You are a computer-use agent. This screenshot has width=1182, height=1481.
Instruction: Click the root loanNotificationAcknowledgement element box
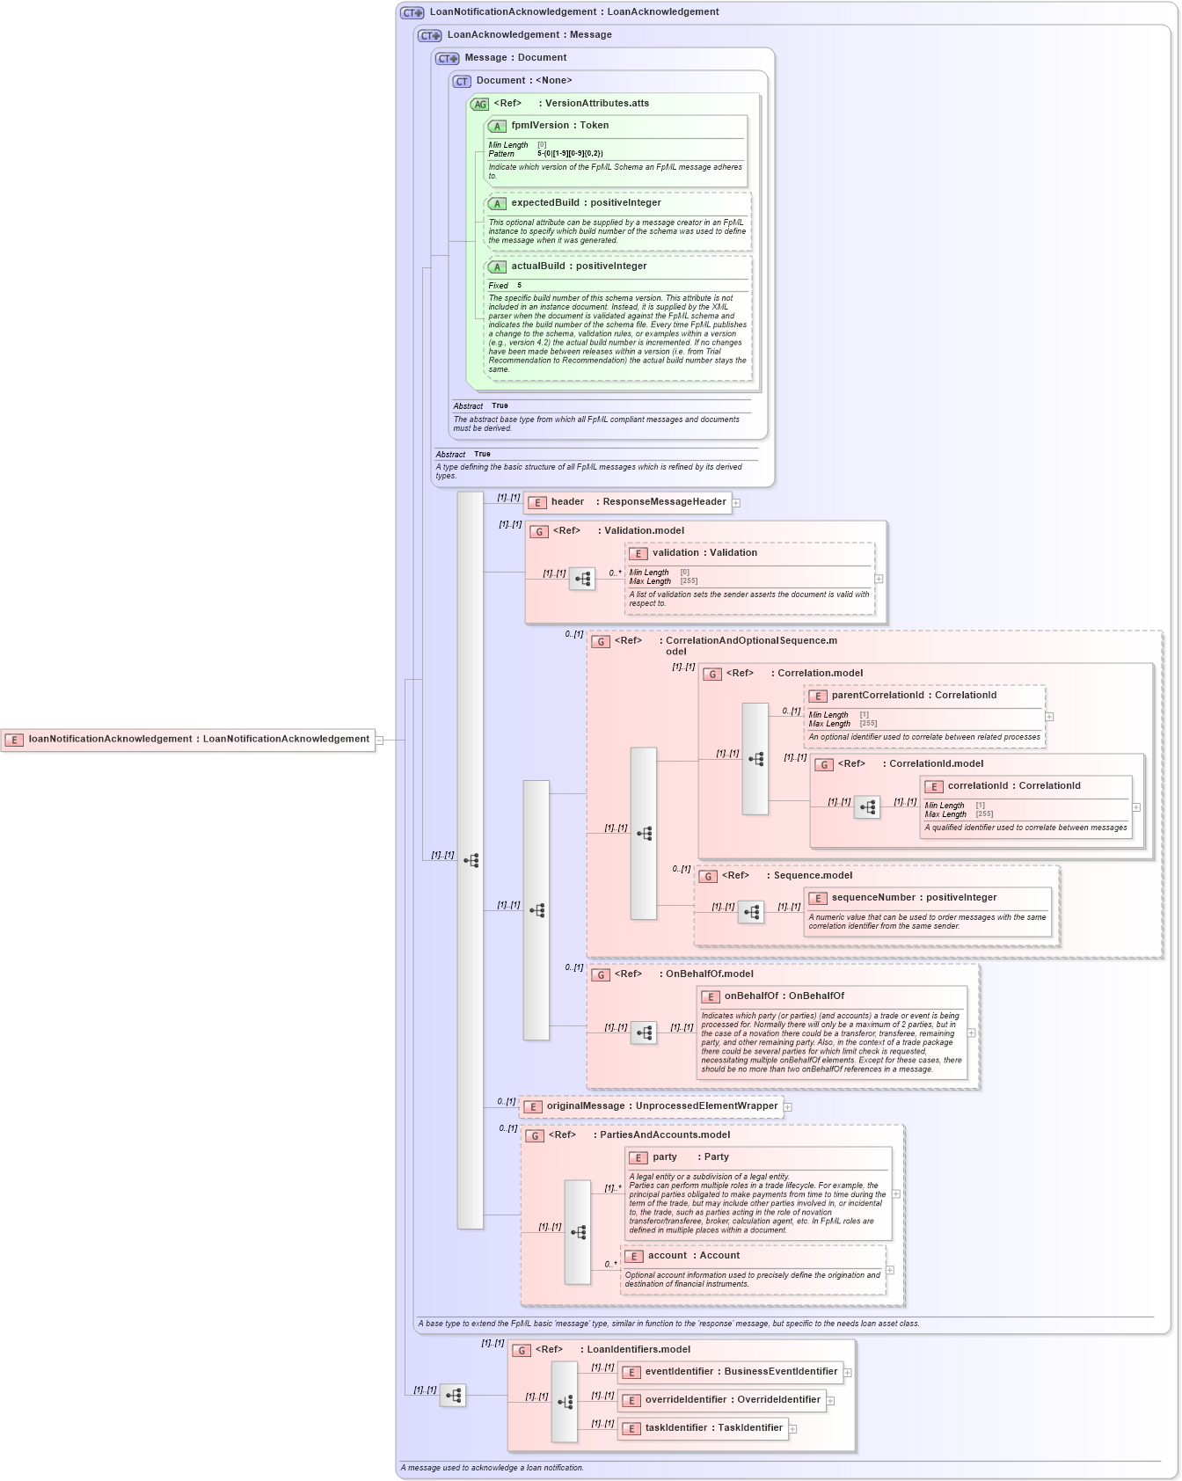coord(188,740)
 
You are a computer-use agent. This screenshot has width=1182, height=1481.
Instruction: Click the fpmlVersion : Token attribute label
coord(559,126)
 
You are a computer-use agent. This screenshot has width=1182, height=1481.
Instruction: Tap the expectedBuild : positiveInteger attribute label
coord(586,203)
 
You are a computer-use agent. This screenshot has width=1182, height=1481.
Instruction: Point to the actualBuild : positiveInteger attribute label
coord(579,266)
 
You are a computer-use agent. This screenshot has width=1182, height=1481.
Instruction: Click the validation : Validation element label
coord(704,553)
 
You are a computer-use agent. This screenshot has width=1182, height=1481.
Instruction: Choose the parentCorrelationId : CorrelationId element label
coord(913,696)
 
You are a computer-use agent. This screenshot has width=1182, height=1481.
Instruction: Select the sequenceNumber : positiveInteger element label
coord(913,898)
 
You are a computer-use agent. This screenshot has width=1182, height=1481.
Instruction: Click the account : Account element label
coord(693,1256)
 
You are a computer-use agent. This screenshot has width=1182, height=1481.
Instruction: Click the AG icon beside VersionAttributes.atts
coord(479,104)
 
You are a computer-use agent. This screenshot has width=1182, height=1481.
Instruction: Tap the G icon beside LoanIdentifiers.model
coord(522,1350)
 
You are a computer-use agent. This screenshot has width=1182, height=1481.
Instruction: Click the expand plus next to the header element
coord(736,503)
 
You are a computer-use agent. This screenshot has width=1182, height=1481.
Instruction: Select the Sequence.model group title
coord(812,876)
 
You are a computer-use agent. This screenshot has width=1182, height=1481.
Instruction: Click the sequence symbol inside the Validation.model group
coord(582,579)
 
